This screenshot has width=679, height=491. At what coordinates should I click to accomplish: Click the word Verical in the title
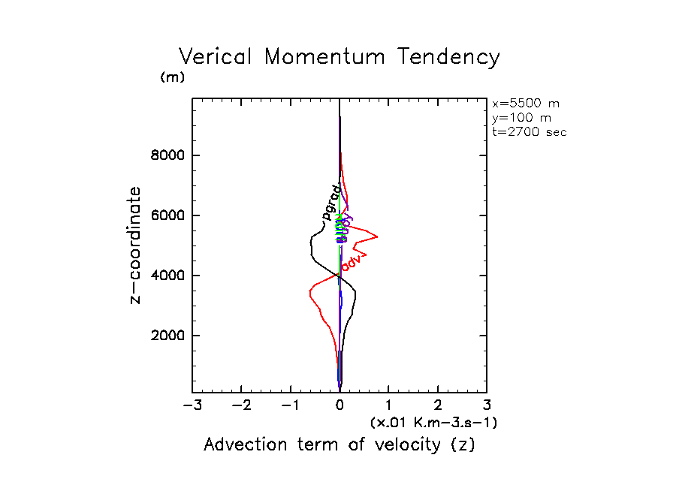click(x=218, y=58)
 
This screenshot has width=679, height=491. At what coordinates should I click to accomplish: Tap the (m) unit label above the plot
click(x=172, y=77)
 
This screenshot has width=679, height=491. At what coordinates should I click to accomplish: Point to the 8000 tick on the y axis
click(x=169, y=156)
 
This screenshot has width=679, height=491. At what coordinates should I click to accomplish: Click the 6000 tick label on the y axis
click(x=169, y=216)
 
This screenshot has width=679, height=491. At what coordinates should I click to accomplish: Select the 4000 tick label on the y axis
click(x=169, y=276)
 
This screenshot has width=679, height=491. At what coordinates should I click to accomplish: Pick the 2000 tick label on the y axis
click(x=169, y=336)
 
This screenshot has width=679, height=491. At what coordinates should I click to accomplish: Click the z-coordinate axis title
click(x=136, y=245)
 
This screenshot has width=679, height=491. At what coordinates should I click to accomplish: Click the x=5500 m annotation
click(x=525, y=104)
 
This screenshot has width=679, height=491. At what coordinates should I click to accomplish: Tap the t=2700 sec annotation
click(x=529, y=131)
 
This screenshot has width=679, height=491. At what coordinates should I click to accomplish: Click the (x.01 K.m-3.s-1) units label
click(x=433, y=423)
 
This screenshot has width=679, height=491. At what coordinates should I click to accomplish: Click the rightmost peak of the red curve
click(x=377, y=236)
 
